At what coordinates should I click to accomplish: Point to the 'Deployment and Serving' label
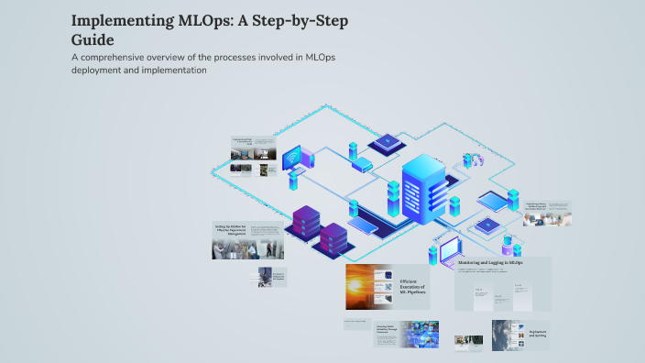(538, 335)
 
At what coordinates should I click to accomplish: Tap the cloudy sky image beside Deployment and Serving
(509, 335)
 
